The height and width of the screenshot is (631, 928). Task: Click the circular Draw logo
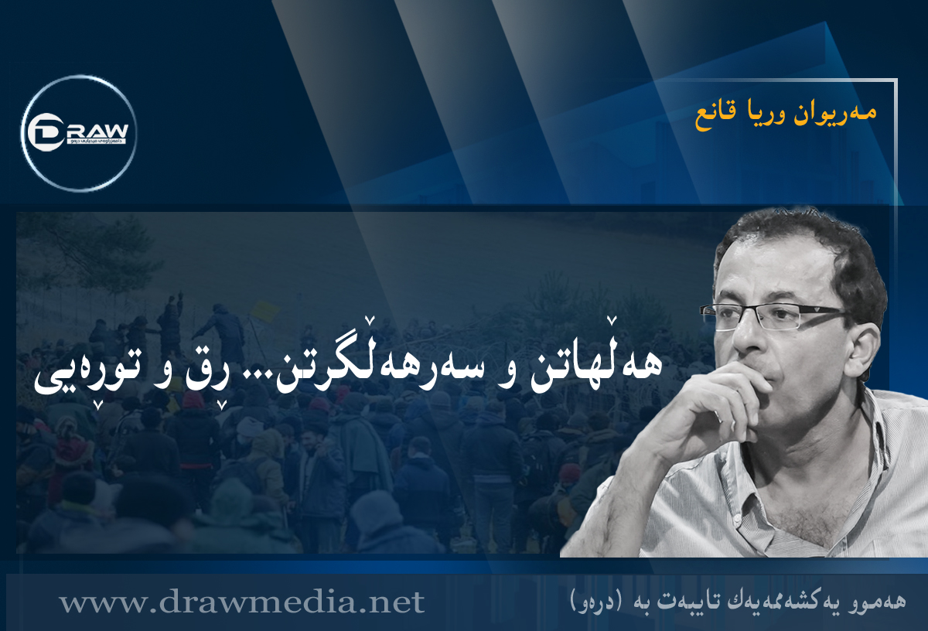click(x=79, y=133)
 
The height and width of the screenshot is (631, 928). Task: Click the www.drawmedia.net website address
click(x=241, y=602)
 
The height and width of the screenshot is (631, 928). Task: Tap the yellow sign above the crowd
click(x=265, y=311)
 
